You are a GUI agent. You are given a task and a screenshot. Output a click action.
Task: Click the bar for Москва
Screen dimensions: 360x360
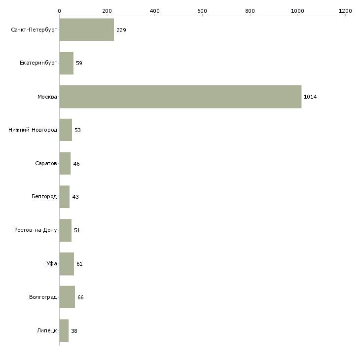[x=180, y=97]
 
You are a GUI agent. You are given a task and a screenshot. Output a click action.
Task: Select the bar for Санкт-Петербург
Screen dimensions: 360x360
[x=87, y=30]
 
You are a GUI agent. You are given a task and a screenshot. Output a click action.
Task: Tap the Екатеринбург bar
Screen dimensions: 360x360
[x=67, y=63]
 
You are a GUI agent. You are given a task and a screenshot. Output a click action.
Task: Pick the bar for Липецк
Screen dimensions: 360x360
[x=64, y=330]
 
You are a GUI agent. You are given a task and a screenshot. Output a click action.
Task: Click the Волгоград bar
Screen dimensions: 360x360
[x=67, y=297]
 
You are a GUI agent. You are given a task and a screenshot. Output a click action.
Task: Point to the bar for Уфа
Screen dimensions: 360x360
[x=67, y=264]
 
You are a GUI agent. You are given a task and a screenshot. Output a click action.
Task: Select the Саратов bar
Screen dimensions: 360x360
[x=65, y=163]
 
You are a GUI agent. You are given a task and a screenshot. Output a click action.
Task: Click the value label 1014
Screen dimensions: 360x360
[x=310, y=97]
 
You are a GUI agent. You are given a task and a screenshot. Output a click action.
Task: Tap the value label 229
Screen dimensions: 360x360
[x=121, y=30]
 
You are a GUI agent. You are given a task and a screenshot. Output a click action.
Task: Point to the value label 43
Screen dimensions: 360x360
[x=75, y=197]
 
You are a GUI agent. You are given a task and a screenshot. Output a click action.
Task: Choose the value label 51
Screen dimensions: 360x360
[x=77, y=230]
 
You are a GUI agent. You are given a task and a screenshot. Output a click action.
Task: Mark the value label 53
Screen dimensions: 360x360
[x=77, y=130]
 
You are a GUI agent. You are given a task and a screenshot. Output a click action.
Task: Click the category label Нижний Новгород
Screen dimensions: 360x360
[x=33, y=130]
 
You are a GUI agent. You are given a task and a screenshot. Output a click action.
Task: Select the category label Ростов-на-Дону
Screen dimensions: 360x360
[x=36, y=230]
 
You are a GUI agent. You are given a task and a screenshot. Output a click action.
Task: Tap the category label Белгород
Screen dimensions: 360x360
[x=44, y=197]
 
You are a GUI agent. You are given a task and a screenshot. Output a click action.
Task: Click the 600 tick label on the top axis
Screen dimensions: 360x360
[x=202, y=11]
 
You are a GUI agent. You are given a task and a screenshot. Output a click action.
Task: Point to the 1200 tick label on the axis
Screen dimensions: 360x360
[x=345, y=11]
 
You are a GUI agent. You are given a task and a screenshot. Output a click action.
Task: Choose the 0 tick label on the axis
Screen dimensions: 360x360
[x=60, y=11]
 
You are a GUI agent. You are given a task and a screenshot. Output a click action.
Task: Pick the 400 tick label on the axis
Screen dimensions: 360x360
[x=154, y=11]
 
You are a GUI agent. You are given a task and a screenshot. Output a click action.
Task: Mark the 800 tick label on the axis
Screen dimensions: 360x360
[x=250, y=11]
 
